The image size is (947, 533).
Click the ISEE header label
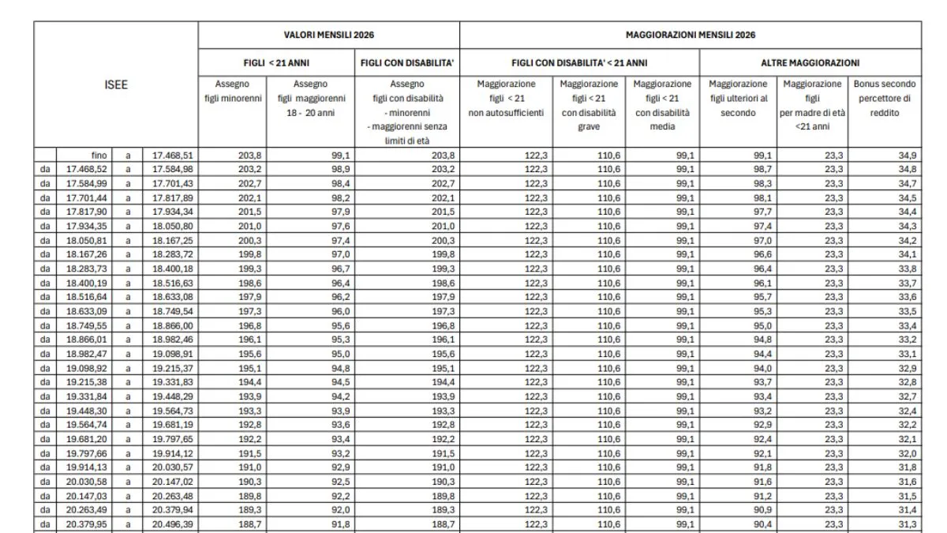point(116,84)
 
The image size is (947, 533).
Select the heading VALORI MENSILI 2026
point(328,36)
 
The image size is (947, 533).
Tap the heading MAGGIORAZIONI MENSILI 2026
point(691,36)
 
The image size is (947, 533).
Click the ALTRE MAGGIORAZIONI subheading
point(810,62)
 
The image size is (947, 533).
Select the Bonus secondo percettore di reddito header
point(885,98)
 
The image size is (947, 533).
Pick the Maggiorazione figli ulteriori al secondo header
point(738,98)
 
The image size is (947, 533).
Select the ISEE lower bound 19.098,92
point(86,369)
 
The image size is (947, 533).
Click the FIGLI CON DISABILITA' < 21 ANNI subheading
point(579,62)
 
